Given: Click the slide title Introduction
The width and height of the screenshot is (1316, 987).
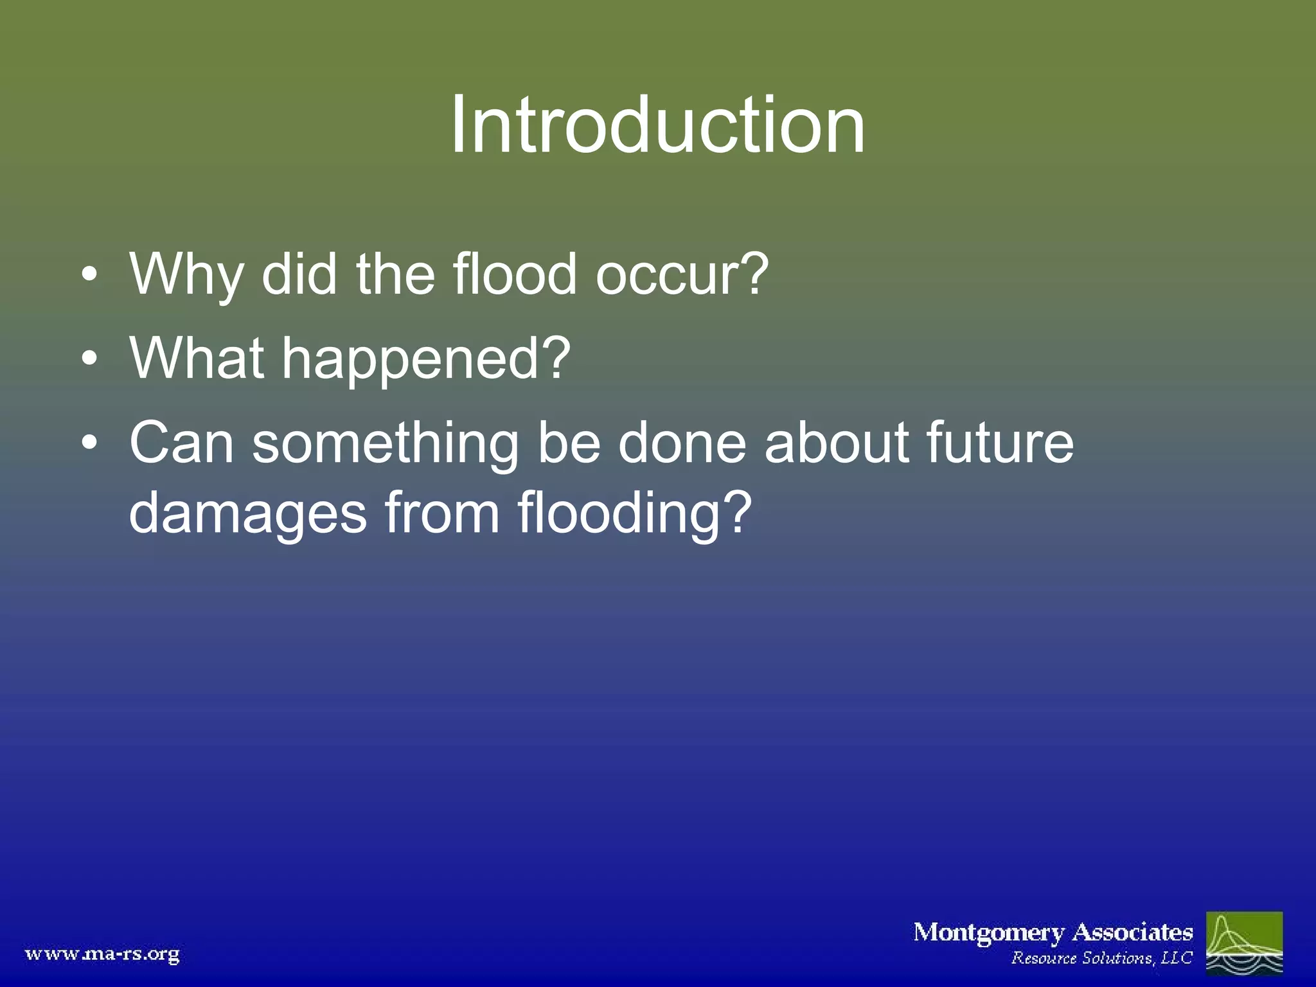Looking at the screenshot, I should click(x=657, y=125).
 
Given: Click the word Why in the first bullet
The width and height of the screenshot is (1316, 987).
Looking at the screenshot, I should click(x=186, y=275).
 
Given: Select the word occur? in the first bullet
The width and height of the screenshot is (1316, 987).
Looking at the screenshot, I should click(x=681, y=275).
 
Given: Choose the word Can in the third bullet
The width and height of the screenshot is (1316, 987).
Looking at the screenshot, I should click(x=181, y=443).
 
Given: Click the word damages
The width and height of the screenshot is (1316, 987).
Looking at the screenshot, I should click(x=247, y=514).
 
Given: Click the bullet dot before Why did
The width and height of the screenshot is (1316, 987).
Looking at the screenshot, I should click(x=90, y=277).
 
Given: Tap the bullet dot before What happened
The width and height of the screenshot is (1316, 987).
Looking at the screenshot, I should click(x=90, y=359).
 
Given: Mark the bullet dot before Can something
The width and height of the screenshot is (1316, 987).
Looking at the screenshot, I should click(x=90, y=443).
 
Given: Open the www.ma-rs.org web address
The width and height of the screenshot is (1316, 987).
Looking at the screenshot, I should click(x=102, y=954).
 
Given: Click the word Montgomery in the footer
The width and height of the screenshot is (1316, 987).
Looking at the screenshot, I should click(x=988, y=932).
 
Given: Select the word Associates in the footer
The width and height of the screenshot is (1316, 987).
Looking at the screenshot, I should click(x=1133, y=932).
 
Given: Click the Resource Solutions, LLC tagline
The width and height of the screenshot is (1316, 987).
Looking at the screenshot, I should click(x=1101, y=958).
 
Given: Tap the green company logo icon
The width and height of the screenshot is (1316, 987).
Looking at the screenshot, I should click(x=1244, y=943).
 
